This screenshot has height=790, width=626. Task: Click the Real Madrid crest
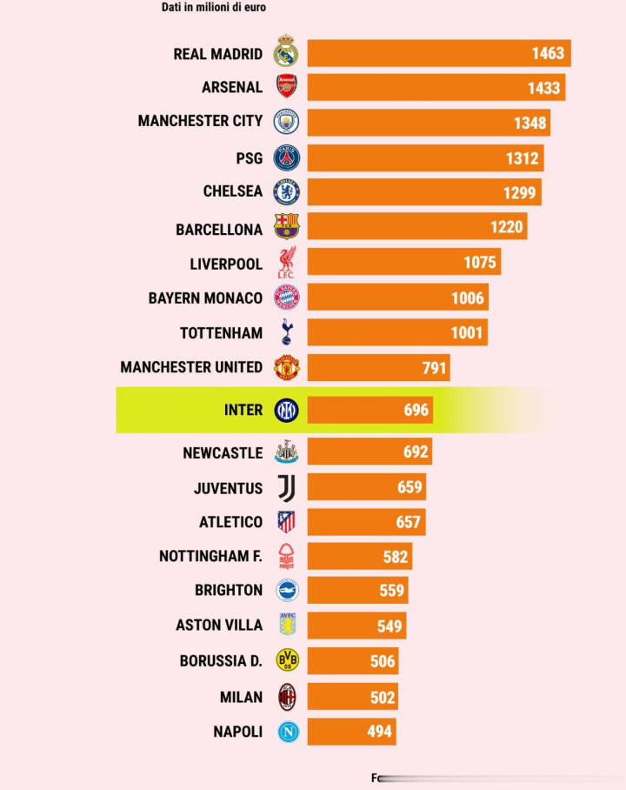[x=286, y=52]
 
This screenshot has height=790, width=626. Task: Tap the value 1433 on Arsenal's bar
[x=544, y=87]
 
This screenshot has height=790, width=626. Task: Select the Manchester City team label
[x=199, y=121]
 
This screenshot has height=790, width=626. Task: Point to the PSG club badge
[x=286, y=157]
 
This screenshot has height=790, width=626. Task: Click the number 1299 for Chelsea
[x=520, y=192]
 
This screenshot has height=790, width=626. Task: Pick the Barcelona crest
[x=286, y=227]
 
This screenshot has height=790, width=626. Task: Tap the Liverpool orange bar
[x=403, y=263]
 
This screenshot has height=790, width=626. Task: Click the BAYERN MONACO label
[x=205, y=298]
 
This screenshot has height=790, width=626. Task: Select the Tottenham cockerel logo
[x=286, y=331]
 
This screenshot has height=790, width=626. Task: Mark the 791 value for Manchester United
[x=435, y=367]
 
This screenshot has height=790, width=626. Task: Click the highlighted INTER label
[x=243, y=410]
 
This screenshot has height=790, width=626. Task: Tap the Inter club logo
[x=286, y=410]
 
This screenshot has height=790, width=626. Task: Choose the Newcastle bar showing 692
[x=369, y=452]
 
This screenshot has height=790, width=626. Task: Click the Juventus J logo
[x=286, y=488]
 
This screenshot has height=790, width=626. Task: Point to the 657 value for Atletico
[x=408, y=522]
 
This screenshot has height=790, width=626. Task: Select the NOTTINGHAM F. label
[x=210, y=556]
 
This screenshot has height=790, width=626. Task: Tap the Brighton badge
[x=286, y=590]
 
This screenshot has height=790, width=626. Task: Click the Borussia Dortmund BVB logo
[x=286, y=660]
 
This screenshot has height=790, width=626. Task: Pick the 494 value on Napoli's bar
[x=380, y=732]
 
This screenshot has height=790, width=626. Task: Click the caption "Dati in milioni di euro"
[x=214, y=8]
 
